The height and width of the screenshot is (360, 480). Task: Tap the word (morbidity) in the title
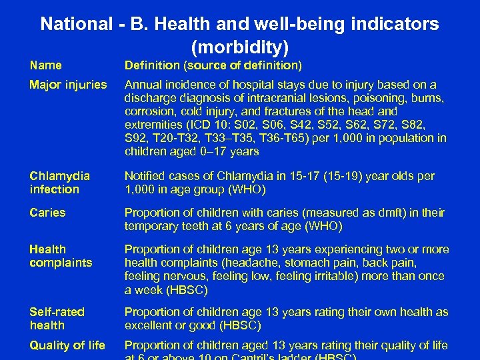[x=239, y=47]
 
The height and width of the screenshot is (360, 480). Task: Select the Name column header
[x=45, y=65]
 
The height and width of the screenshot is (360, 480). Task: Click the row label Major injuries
[x=67, y=85]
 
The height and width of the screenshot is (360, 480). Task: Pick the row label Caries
[x=47, y=213]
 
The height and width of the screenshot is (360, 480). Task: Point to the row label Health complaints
[x=60, y=256]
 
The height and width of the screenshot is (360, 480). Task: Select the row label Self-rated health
[x=57, y=319]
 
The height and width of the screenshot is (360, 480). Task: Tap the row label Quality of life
[x=67, y=345]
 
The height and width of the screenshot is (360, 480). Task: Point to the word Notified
[x=146, y=176]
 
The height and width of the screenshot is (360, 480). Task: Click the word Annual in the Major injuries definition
[x=144, y=85]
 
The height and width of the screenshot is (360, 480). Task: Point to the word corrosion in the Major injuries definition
[x=150, y=111]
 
